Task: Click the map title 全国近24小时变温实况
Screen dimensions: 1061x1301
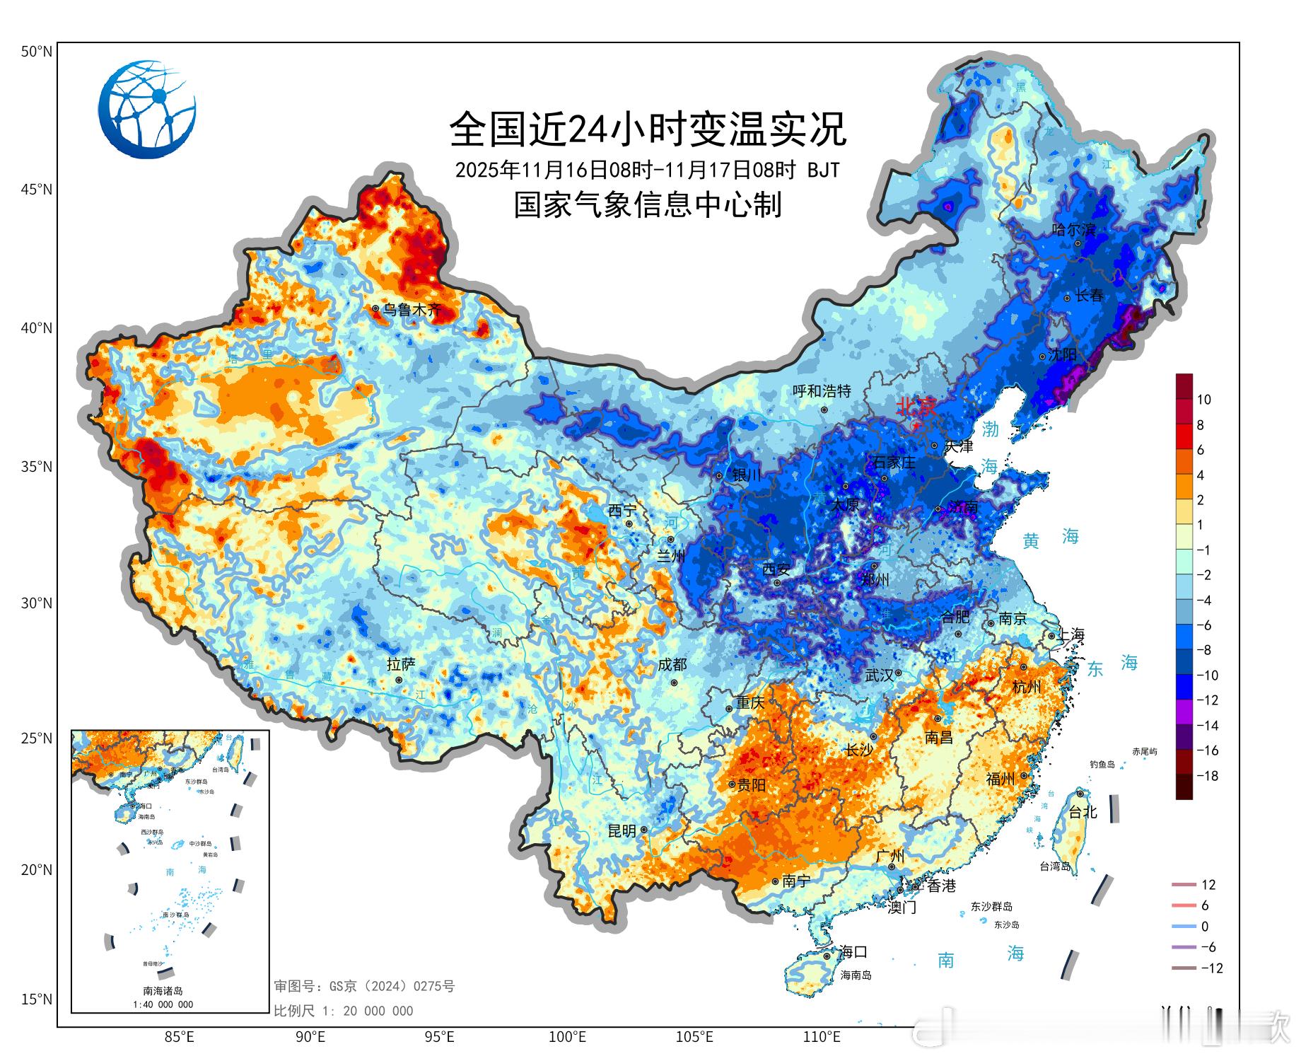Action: (648, 129)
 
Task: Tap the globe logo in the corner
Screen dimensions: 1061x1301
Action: (147, 110)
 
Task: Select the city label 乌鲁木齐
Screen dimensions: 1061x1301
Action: (412, 310)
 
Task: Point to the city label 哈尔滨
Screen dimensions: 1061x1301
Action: (1073, 230)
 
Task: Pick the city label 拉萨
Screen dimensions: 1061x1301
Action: (401, 664)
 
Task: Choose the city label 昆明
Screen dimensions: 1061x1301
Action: (622, 831)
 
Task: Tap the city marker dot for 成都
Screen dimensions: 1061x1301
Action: (674, 683)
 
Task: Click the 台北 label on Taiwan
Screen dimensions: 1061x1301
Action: (1082, 812)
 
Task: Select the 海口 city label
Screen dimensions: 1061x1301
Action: (853, 952)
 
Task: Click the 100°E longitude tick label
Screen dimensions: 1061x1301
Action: (568, 1038)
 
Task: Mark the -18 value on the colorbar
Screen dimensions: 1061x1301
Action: (1208, 776)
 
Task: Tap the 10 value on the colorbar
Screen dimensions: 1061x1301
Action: (1203, 400)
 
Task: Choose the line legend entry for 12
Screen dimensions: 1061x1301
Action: (1194, 885)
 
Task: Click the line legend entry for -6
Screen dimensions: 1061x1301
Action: (1194, 947)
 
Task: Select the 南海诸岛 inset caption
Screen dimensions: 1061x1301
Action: (163, 991)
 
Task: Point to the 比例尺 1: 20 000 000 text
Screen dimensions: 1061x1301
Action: (344, 1011)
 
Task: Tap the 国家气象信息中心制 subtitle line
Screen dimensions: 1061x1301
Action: (648, 205)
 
